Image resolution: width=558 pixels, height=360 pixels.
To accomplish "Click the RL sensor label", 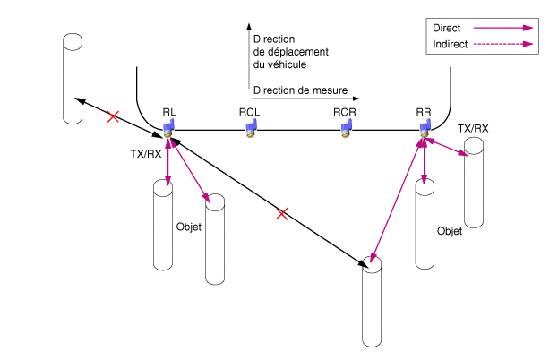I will [x=169, y=111].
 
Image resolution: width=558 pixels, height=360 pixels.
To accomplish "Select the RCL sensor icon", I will [x=252, y=129].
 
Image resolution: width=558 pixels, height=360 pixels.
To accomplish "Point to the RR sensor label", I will [x=424, y=111].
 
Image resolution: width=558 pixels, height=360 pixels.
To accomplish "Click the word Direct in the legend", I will [x=446, y=29].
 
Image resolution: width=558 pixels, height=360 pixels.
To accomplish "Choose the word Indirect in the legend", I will [x=451, y=44].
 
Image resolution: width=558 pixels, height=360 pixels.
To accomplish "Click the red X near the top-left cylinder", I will [x=113, y=116].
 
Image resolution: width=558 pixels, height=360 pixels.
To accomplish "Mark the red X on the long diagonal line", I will [x=282, y=213].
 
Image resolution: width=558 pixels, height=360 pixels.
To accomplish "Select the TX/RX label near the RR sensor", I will [x=473, y=129].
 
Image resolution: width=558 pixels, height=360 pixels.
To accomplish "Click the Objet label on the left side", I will [x=189, y=227].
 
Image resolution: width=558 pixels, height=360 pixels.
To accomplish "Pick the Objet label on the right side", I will [x=449, y=230].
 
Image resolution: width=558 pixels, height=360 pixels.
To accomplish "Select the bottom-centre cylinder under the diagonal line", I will [x=372, y=305].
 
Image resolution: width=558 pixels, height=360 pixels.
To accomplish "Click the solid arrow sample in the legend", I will [x=502, y=29].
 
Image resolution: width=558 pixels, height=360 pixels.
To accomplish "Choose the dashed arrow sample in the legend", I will [x=502, y=44].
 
